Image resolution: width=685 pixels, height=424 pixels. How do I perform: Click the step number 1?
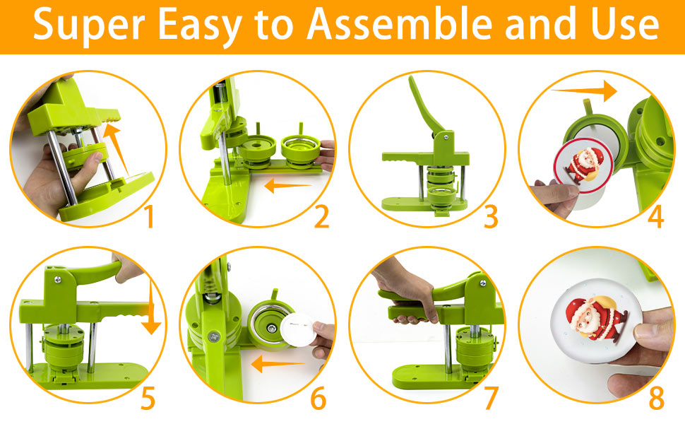click(148, 218)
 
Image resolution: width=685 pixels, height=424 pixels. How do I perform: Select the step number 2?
click(321, 218)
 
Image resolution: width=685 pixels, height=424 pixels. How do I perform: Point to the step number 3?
click(492, 218)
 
